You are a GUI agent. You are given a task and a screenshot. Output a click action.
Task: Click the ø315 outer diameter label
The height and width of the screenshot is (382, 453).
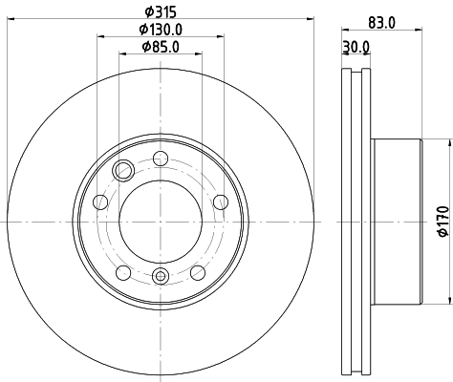(x=160, y=11)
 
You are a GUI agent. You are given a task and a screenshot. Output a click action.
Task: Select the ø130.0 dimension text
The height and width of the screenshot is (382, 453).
(x=160, y=29)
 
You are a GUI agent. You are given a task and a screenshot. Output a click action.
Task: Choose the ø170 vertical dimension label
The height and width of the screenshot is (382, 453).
(x=442, y=222)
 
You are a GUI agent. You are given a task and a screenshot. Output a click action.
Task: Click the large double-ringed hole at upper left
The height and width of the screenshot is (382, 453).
(x=123, y=171)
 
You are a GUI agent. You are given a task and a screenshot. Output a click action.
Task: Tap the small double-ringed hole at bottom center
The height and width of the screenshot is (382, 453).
(x=160, y=277)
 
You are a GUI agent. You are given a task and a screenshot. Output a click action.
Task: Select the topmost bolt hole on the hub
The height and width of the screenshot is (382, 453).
(x=160, y=159)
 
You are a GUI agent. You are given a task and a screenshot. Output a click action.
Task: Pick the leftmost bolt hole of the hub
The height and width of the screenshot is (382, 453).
(x=99, y=202)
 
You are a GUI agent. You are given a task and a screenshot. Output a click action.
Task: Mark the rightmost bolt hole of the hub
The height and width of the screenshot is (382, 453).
(x=220, y=202)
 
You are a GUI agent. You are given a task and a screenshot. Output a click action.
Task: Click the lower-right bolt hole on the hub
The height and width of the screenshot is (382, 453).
(x=197, y=273)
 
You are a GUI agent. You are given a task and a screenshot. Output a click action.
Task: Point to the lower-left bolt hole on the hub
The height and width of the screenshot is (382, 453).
(x=122, y=273)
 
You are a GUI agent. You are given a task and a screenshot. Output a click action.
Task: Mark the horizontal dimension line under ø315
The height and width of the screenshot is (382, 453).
(x=160, y=20)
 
